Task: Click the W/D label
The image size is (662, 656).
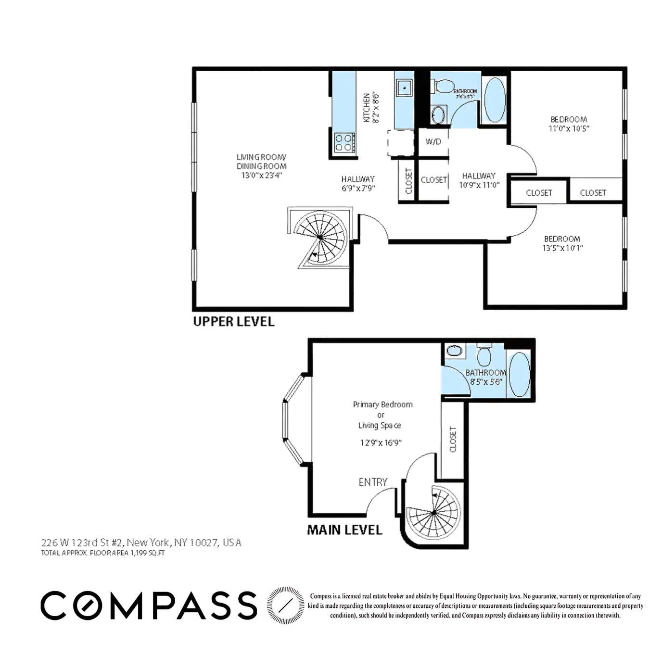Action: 433,141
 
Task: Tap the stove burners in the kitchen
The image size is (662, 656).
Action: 344,142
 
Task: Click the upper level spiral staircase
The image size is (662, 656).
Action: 320,238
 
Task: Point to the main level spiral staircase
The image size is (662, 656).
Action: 433,513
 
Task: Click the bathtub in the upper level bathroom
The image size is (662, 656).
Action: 494,101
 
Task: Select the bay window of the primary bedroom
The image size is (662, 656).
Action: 292,419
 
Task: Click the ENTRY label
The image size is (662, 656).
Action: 373,482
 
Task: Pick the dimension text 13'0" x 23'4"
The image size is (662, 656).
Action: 261,176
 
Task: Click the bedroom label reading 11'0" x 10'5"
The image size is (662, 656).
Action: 569,128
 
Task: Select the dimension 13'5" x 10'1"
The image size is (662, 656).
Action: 562,248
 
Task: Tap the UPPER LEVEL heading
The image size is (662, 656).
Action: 233,322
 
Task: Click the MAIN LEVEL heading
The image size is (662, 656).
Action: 344,530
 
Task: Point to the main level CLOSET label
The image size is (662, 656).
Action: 452,439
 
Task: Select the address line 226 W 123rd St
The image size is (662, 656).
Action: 141,542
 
